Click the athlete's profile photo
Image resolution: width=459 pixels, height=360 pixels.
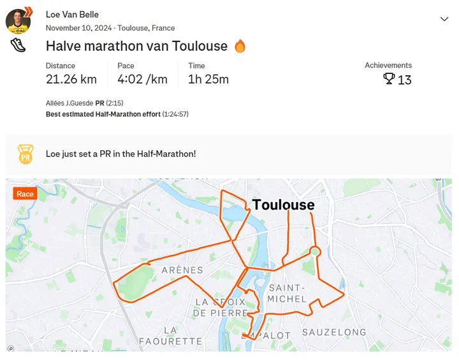18,21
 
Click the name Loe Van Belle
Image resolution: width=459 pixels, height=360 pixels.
72,14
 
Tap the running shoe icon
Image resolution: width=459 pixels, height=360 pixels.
18,45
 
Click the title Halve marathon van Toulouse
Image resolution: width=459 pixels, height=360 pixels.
136,46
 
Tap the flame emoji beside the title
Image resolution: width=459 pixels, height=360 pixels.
240,46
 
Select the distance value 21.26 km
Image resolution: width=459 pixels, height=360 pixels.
71,79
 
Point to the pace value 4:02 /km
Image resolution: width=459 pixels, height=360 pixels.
142,79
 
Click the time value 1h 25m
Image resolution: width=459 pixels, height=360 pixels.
208,79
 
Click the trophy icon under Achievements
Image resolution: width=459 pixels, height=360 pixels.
388,79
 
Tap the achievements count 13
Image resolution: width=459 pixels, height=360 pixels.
405,80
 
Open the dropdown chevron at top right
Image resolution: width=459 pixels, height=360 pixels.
444,19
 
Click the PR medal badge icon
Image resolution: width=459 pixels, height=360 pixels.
25,154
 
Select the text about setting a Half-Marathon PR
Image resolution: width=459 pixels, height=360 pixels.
120,154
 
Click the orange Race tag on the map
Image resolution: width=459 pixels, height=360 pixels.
25,194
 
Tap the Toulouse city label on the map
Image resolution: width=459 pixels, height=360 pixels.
284,205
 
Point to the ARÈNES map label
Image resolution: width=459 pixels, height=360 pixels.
182,270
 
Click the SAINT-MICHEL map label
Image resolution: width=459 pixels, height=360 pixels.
288,293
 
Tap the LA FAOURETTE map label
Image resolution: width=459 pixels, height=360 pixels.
170,336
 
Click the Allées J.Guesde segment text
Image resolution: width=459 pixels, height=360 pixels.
69,103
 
